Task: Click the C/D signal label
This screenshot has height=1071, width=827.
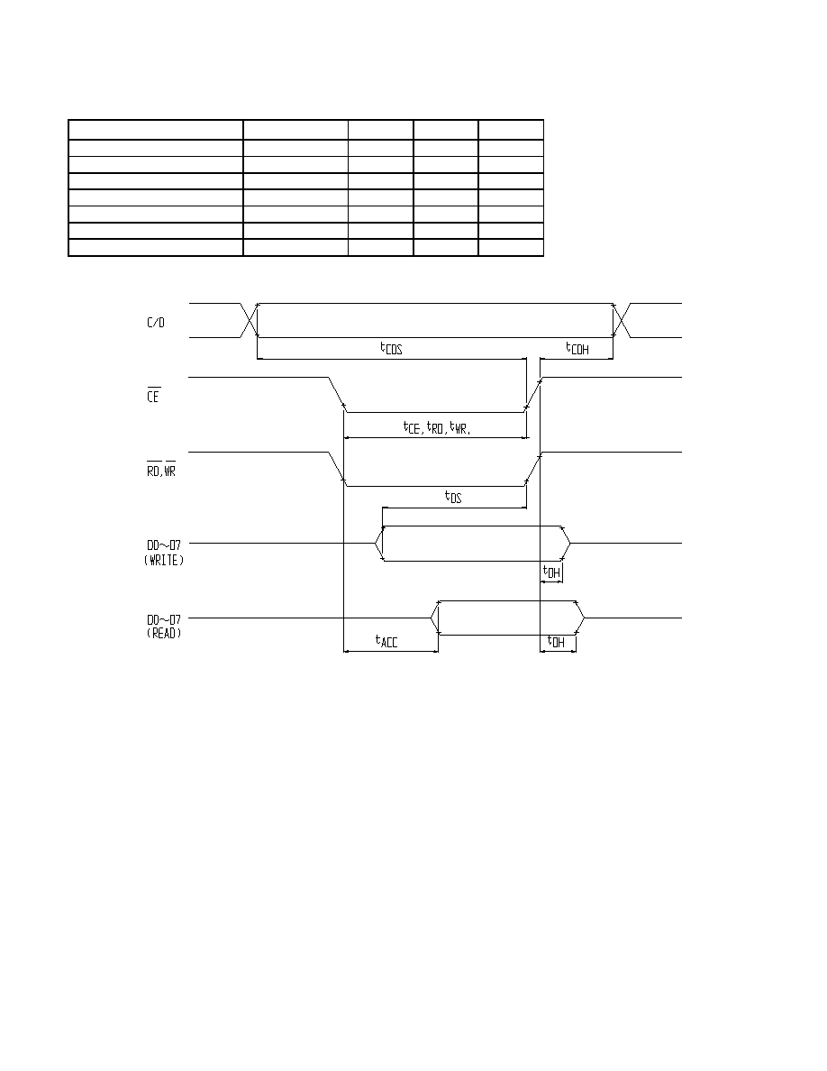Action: pos(156,323)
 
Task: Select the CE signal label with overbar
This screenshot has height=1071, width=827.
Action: pos(153,395)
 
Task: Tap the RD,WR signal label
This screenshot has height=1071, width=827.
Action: pos(161,469)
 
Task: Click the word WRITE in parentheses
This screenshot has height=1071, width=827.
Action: pos(164,560)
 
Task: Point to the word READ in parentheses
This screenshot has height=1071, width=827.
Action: pos(164,633)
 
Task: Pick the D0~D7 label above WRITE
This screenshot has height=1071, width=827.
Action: pos(164,545)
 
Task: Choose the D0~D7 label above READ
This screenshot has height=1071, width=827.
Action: pos(164,619)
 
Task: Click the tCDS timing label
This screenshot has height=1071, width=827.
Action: pos(391,348)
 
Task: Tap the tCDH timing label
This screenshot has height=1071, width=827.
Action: pos(577,348)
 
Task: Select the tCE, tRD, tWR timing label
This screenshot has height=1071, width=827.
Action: pos(437,428)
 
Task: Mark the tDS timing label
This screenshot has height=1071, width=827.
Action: pos(453,497)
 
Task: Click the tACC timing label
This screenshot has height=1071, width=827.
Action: pos(386,641)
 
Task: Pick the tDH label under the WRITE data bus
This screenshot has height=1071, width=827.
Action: pos(551,572)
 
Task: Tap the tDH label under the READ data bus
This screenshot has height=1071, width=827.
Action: pos(556,641)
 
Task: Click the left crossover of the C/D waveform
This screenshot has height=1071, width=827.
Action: pos(250,320)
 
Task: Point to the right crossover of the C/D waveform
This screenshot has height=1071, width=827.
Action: pos(622,320)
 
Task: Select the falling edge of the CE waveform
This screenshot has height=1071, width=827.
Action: pos(338,395)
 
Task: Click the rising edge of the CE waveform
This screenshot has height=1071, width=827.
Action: pos(533,395)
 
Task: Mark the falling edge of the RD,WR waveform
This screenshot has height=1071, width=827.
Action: pos(338,470)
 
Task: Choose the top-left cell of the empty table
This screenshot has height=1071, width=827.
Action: pos(156,130)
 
